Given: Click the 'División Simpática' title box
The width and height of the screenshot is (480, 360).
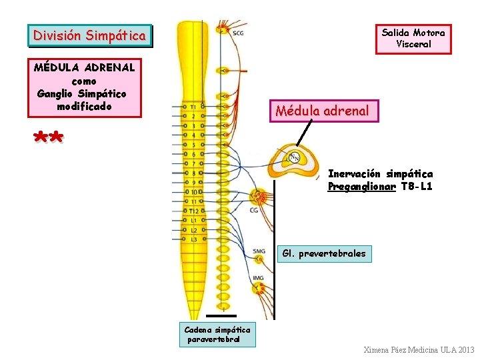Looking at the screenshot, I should [89, 35].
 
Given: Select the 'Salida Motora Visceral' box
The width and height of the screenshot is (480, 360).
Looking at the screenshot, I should [413, 39].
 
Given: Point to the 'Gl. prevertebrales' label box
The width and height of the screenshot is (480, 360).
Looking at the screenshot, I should [323, 253].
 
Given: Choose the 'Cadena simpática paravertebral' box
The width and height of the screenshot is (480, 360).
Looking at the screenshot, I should [217, 334].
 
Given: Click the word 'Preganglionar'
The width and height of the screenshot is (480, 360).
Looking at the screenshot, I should [361, 187].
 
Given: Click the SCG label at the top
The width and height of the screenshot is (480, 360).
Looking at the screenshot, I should [238, 33].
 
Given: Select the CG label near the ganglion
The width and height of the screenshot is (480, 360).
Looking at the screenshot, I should [254, 211].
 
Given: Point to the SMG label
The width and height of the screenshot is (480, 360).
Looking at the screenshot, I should [259, 251].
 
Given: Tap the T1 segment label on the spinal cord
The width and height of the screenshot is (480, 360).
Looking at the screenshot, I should [193, 106].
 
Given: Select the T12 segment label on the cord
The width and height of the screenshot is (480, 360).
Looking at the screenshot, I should [193, 211].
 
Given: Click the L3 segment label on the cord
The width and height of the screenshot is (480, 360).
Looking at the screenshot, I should [193, 239].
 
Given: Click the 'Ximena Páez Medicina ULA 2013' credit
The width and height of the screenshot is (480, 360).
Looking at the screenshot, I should [419, 350].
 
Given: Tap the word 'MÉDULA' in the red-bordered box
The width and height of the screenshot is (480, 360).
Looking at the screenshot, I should [56, 67].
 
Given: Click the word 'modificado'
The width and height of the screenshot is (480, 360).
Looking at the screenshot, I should [84, 107].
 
